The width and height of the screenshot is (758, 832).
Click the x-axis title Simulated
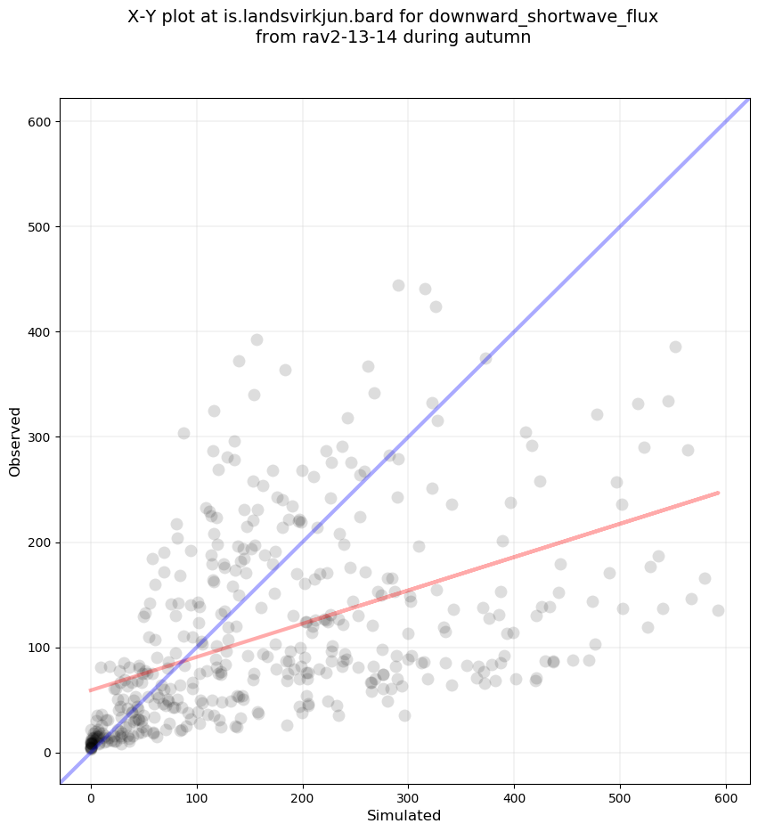[404, 815]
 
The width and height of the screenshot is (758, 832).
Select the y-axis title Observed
[15, 442]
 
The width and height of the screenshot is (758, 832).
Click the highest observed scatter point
[398, 286]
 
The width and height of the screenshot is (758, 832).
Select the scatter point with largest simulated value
[718, 610]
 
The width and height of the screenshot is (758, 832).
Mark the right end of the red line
[718, 493]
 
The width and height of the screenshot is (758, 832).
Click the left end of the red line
[91, 690]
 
